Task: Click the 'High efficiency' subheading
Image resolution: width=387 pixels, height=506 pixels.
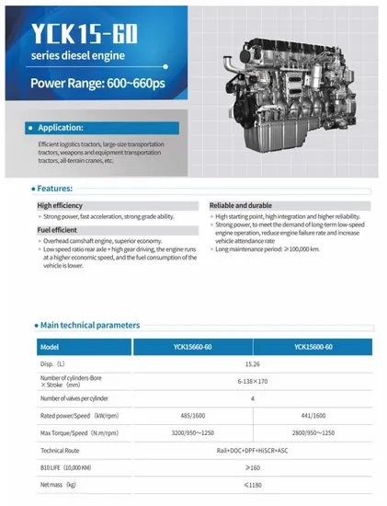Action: coord(61,204)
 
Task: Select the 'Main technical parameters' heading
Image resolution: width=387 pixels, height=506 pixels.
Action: coord(90,325)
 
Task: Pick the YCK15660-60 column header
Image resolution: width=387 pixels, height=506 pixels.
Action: coord(192,346)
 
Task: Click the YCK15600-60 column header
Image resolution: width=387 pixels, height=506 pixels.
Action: coord(313,346)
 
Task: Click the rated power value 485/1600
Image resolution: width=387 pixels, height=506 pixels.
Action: coord(192,415)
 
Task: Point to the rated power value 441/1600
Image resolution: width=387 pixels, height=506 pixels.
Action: coord(313,415)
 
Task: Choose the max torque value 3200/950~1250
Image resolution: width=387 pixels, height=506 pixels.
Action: coord(192,432)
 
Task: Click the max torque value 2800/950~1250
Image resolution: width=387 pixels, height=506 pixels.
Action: coord(313,432)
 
